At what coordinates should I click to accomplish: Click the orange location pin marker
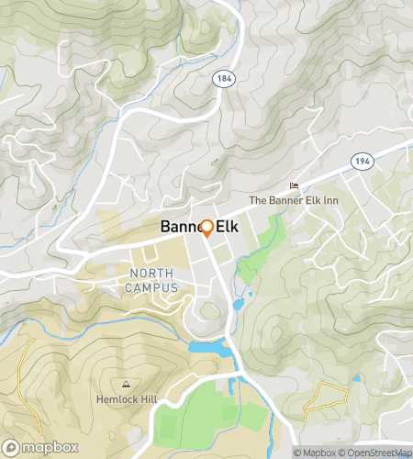pyautogui.click(x=206, y=229)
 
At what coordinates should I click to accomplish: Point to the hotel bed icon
pyautogui.click(x=294, y=186)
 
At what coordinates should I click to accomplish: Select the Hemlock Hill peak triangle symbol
pyautogui.click(x=126, y=384)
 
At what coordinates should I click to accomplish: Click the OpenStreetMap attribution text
pyautogui.click(x=375, y=453)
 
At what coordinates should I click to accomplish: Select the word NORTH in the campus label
pyautogui.click(x=151, y=274)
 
